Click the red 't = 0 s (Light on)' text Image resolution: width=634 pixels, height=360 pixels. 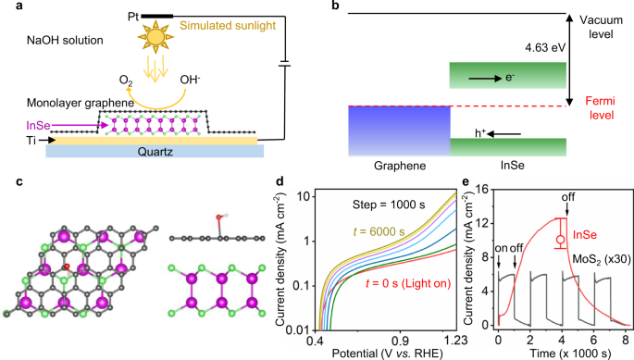tap(400, 308)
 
